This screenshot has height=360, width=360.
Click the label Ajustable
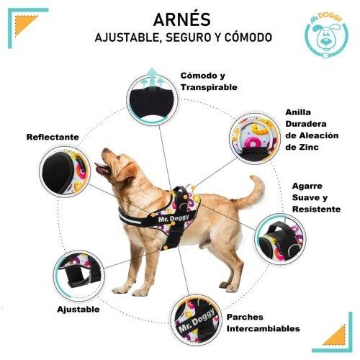[x=78, y=310]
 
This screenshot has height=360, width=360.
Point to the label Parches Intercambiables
[x=263, y=322]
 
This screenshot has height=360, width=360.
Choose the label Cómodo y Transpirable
[x=209, y=81]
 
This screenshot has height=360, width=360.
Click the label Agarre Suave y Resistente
[x=316, y=197]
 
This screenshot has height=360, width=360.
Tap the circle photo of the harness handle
[x=278, y=234]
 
